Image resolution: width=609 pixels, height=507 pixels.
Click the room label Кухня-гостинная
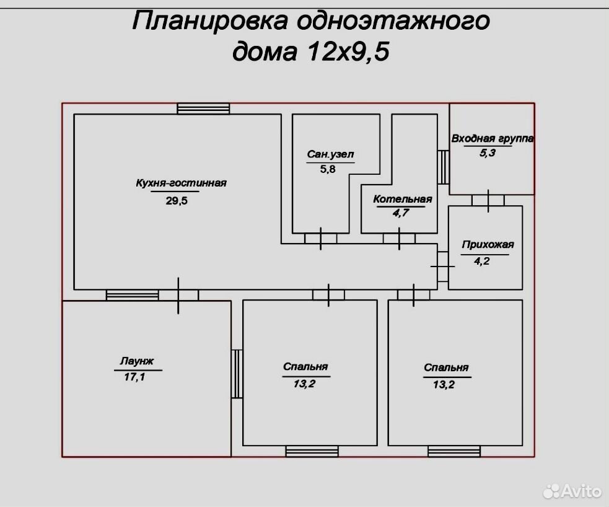click(x=181, y=183)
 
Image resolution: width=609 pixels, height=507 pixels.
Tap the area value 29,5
click(x=177, y=200)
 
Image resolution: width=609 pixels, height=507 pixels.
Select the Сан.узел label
click(x=331, y=154)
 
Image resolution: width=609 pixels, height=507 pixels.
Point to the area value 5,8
click(x=328, y=169)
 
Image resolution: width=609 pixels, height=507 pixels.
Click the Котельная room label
click(x=402, y=200)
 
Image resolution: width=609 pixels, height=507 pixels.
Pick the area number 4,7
click(x=401, y=213)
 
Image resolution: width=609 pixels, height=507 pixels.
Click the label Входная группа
click(x=493, y=139)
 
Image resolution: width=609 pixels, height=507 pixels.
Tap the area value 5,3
click(x=488, y=152)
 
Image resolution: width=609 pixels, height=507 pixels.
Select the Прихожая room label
click(x=488, y=245)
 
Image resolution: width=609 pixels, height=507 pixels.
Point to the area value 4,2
click(x=481, y=261)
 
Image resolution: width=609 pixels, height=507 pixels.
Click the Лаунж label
click(x=137, y=361)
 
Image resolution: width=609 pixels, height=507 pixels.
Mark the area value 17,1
click(x=134, y=376)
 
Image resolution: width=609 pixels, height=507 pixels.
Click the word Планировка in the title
click(x=210, y=20)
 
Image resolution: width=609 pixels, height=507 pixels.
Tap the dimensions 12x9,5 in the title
click(x=348, y=51)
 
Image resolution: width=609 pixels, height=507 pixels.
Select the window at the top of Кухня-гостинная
click(x=203, y=108)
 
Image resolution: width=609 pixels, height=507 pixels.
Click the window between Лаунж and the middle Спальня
click(x=237, y=374)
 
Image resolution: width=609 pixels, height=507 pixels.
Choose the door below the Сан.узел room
click(x=320, y=239)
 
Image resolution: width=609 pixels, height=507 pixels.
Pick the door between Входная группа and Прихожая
click(x=488, y=200)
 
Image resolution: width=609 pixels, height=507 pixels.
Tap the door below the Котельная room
click(x=399, y=239)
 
